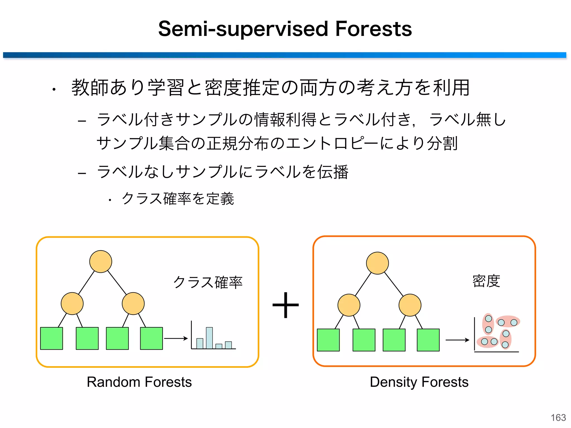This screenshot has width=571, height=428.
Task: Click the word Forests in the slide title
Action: (373, 29)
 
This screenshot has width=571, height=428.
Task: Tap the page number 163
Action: (558, 418)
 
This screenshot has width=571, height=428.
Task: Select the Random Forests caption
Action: (139, 382)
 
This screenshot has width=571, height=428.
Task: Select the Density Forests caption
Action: (419, 382)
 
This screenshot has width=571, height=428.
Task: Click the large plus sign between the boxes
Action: (285, 305)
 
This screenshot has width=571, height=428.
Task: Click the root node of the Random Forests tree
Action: (101, 261)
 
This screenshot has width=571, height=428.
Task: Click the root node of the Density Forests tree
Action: (377, 263)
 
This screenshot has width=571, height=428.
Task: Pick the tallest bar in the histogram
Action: (209, 338)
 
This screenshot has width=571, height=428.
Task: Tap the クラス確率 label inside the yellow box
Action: (208, 282)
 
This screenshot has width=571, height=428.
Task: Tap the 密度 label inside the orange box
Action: (486, 281)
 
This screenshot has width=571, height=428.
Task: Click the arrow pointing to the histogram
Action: (176, 339)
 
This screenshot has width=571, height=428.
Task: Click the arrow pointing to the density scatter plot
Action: (457, 340)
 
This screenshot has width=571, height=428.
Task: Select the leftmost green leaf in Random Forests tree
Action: (52, 338)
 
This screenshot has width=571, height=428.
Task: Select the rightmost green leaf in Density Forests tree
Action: (428, 340)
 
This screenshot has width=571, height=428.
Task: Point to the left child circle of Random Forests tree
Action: (72, 303)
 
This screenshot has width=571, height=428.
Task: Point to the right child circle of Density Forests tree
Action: (410, 305)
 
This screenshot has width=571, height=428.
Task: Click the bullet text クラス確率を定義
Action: (178, 199)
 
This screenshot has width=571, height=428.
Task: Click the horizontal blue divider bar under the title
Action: (284, 55)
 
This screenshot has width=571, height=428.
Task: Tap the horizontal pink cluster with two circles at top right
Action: (508, 322)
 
